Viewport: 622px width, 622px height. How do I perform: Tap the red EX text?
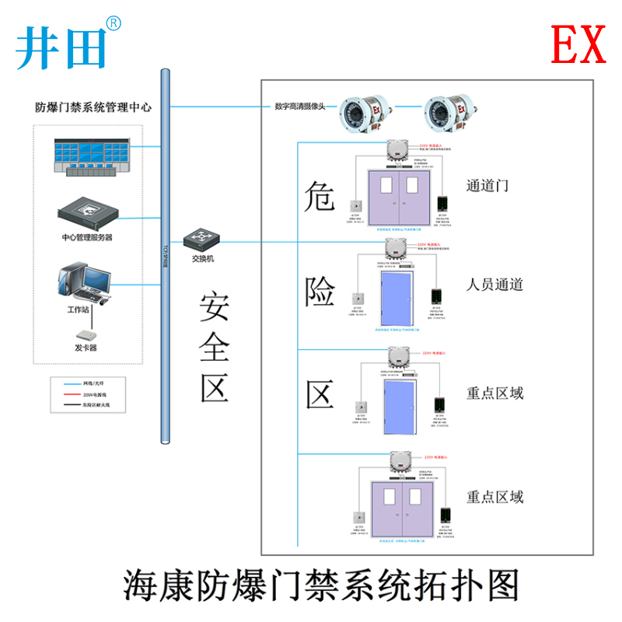(578, 44)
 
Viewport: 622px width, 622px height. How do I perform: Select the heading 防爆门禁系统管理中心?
(93, 107)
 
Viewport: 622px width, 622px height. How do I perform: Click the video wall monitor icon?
(90, 156)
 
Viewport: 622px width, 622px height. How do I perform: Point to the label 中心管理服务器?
(86, 236)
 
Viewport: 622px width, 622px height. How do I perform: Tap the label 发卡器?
(86, 348)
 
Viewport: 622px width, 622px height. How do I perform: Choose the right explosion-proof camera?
(449, 112)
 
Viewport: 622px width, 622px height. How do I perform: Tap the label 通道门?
(487, 186)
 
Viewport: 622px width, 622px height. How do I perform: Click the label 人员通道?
(494, 284)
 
